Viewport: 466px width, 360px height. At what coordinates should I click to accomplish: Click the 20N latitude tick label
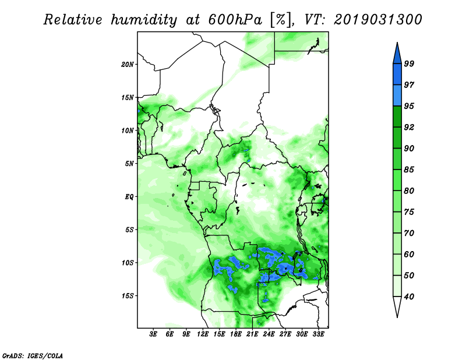(x=128, y=65)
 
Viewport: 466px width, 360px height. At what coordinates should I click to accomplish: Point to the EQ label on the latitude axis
(x=129, y=197)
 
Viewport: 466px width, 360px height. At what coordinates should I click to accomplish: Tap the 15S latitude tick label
(x=128, y=296)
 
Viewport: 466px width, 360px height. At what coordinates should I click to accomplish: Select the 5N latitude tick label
(x=129, y=164)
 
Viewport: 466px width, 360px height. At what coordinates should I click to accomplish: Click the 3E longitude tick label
(x=153, y=334)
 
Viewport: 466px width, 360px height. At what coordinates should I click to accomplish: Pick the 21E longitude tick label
(x=252, y=334)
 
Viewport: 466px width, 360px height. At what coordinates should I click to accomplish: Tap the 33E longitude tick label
(x=318, y=334)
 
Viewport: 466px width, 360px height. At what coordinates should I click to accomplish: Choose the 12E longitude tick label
(x=202, y=334)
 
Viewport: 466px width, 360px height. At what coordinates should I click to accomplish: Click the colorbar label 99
(x=409, y=63)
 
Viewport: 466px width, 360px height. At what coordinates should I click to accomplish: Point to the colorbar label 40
(x=409, y=297)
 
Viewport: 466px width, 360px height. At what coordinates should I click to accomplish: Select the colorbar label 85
(x=409, y=170)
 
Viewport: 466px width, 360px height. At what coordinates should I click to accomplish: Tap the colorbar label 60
(x=409, y=254)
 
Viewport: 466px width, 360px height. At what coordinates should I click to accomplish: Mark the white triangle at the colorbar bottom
(x=397, y=306)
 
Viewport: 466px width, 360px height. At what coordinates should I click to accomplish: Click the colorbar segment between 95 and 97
(x=397, y=96)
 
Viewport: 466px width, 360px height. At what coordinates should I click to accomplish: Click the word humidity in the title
(x=144, y=20)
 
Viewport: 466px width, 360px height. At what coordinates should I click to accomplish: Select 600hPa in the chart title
(x=235, y=20)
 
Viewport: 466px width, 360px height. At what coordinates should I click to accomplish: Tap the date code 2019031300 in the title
(x=377, y=20)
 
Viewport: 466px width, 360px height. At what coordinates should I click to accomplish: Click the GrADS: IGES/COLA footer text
(x=33, y=355)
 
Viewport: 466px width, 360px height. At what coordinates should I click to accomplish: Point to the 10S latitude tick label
(x=128, y=263)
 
